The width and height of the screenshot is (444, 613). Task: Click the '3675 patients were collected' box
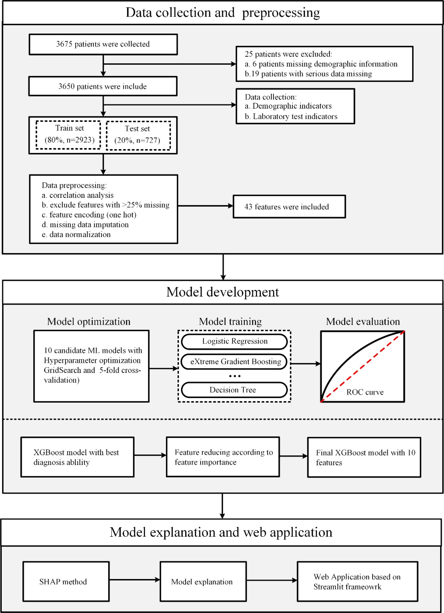coord(103,44)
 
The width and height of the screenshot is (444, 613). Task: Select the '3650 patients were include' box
coord(103,86)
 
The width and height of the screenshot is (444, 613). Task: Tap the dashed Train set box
coord(69,135)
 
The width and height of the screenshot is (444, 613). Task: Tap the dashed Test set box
coord(138,135)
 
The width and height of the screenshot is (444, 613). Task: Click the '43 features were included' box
coord(289,207)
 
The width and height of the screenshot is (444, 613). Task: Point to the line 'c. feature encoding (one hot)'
coord(89,215)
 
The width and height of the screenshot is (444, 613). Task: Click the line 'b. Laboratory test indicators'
coord(291,116)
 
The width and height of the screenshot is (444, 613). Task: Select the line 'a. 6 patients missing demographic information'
coord(321,64)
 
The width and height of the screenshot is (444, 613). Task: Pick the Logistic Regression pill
coord(234,341)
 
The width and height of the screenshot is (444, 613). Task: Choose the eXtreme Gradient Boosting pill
coord(234,362)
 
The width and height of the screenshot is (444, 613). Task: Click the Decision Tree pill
coord(234,390)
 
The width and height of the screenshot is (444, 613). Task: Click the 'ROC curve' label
coord(365,392)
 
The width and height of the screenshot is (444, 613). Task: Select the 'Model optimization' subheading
coord(89,322)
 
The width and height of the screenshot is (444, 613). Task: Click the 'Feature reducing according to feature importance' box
coord(223,457)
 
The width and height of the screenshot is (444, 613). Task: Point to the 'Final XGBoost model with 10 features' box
coord(364,457)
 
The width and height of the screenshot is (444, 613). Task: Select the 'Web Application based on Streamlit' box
coord(358,582)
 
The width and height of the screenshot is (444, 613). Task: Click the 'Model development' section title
coord(223,292)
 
